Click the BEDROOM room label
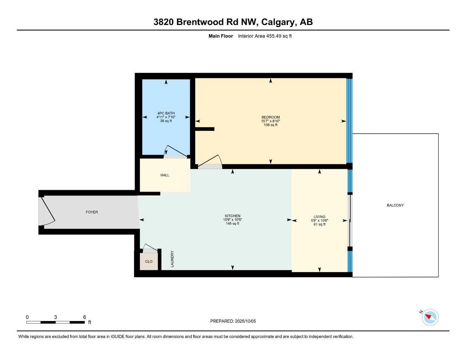tap(270, 117)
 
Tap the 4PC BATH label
tap(166, 113)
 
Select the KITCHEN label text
tap(232, 216)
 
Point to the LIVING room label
tap(319, 217)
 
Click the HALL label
tap(165, 175)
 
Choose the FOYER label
tap(92, 212)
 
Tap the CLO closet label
tap(149, 262)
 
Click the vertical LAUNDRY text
tap(172, 259)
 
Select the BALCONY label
tap(395, 205)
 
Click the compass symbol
tap(429, 317)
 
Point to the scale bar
tap(56, 322)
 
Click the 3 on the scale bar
tap(56, 317)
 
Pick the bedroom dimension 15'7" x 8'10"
tap(270, 121)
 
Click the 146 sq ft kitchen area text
tap(232, 224)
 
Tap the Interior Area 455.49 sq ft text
tap(264, 36)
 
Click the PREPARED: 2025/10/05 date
tap(233, 321)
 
